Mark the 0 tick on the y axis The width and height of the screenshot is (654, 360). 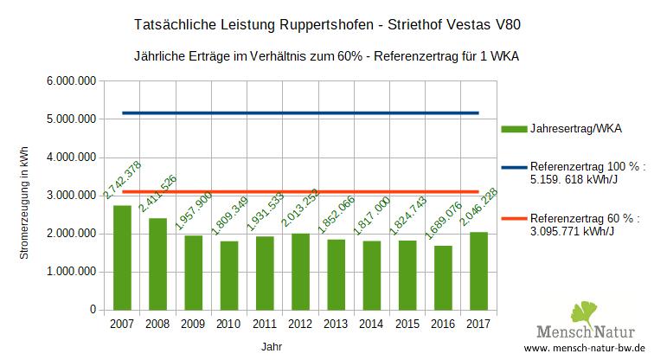[x=93, y=309]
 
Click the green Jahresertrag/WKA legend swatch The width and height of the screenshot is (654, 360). [x=514, y=129]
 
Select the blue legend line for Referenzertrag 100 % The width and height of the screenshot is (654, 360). [x=514, y=170]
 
